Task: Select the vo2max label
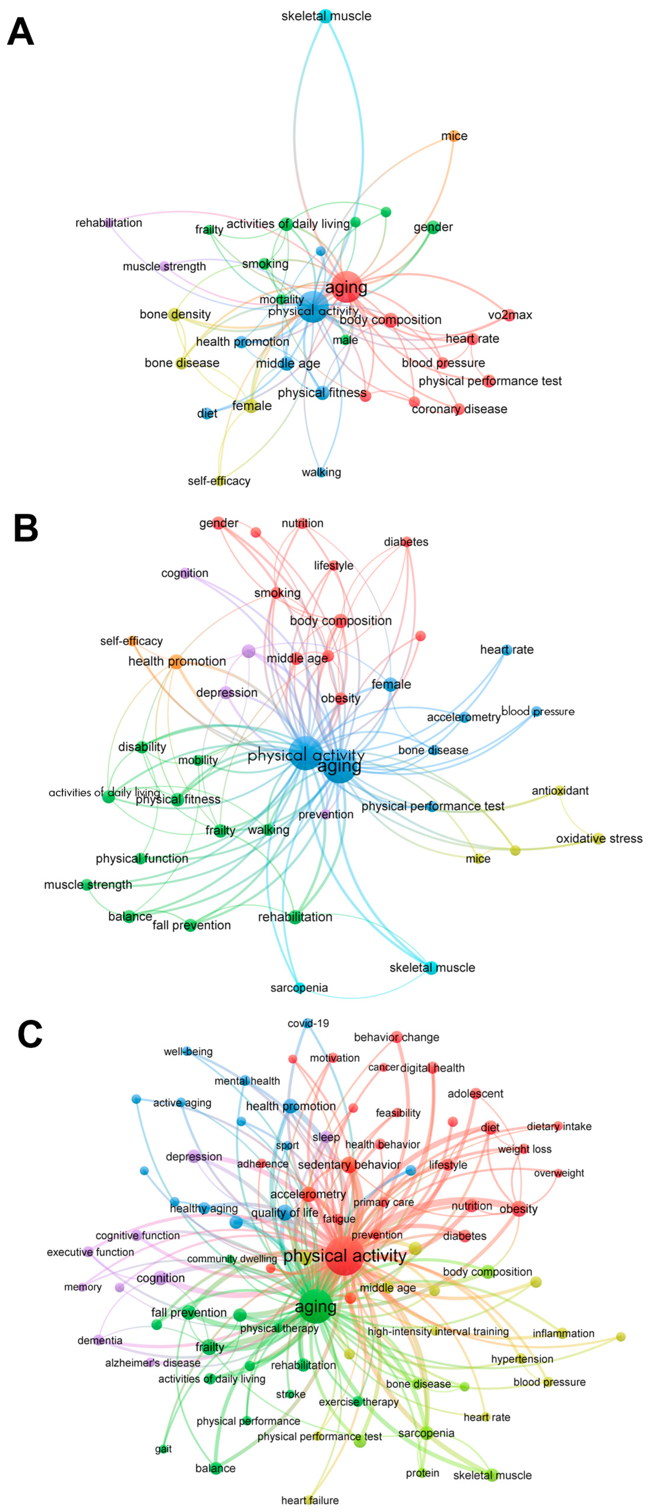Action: (510, 314)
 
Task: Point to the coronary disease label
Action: (459, 409)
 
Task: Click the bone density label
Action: (175, 314)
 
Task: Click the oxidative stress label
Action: (599, 838)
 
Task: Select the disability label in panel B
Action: (142, 747)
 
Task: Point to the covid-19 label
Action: (308, 1023)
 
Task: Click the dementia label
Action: (100, 1340)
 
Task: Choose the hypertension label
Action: (522, 1359)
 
